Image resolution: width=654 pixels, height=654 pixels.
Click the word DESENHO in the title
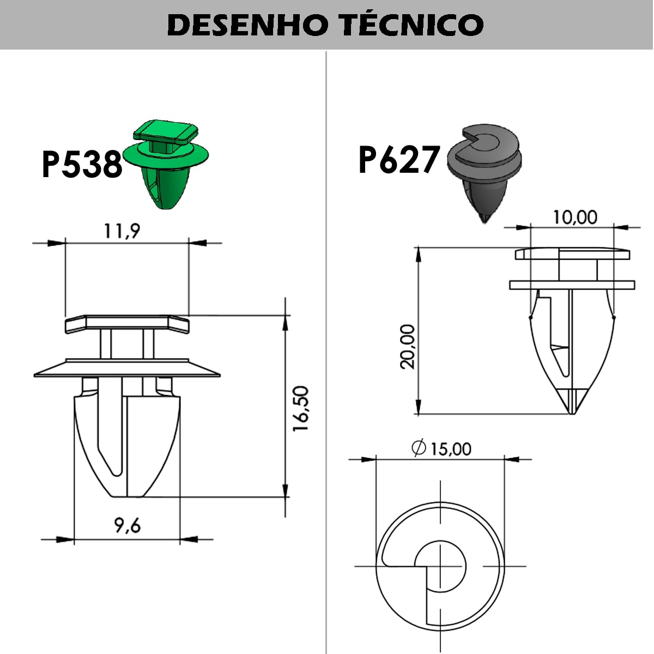click(x=247, y=25)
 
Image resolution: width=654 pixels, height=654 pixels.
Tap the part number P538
click(x=82, y=164)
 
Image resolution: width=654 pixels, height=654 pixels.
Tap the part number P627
click(x=399, y=160)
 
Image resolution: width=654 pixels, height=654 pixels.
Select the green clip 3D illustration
click(x=166, y=164)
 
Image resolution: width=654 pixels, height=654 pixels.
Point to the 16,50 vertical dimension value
click(x=301, y=409)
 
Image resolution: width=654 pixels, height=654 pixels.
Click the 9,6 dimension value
click(x=128, y=526)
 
